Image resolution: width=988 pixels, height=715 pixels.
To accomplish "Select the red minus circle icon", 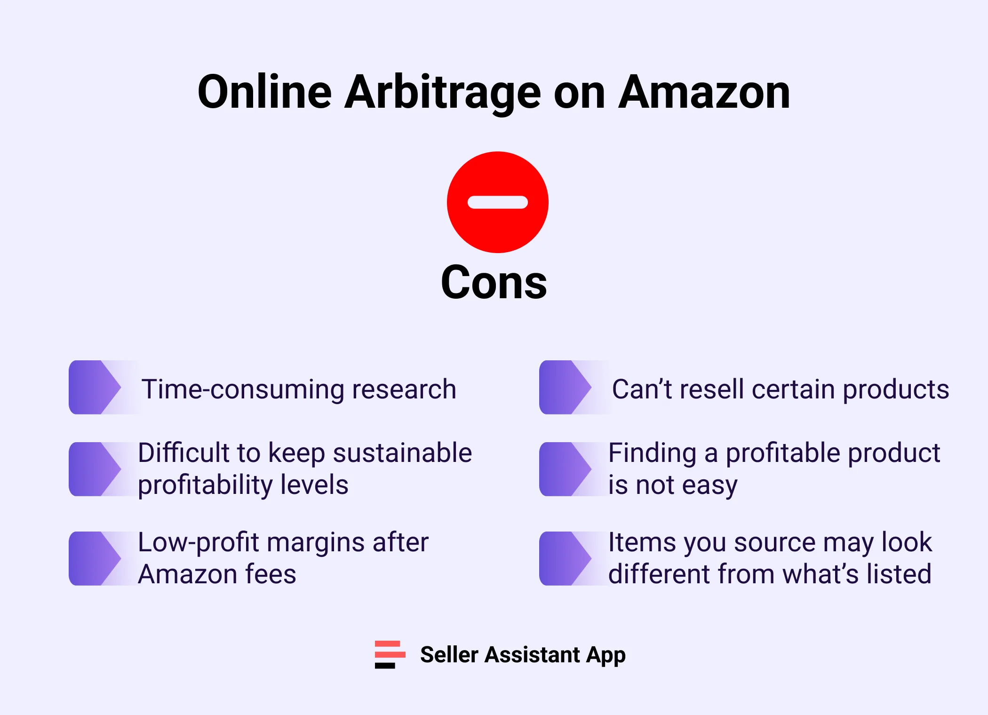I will click(x=497, y=202).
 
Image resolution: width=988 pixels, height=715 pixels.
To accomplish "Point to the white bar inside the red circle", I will click(x=497, y=202).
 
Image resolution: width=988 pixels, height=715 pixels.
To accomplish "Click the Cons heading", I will click(x=494, y=282).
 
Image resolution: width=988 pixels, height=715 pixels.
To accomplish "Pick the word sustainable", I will click(x=402, y=453).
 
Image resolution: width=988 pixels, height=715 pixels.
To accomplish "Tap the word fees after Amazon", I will click(x=271, y=574).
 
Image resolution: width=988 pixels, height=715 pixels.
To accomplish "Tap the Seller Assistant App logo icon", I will click(x=390, y=654).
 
